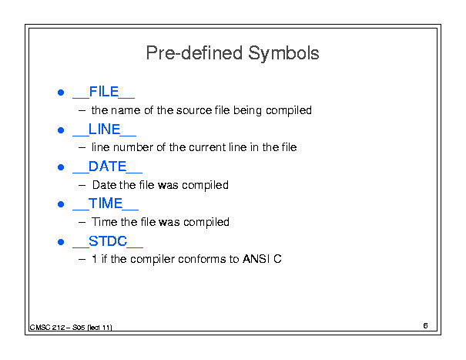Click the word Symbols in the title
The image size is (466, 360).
click(x=283, y=53)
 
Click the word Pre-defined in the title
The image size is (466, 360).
click(x=194, y=52)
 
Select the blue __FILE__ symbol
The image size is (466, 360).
click(x=104, y=92)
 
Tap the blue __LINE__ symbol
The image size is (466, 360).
click(x=104, y=130)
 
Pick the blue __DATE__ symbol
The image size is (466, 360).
click(x=107, y=167)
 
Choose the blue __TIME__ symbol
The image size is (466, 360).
click(x=106, y=204)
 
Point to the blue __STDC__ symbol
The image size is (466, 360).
click(x=108, y=241)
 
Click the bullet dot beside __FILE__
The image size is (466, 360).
click(x=61, y=93)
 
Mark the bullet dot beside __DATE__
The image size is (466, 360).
click(x=61, y=167)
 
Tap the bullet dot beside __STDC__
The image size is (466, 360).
click(x=61, y=242)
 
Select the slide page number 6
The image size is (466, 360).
click(x=425, y=326)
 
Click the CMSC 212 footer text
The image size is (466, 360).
click(x=71, y=328)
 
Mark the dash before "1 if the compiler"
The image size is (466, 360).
click(x=82, y=260)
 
